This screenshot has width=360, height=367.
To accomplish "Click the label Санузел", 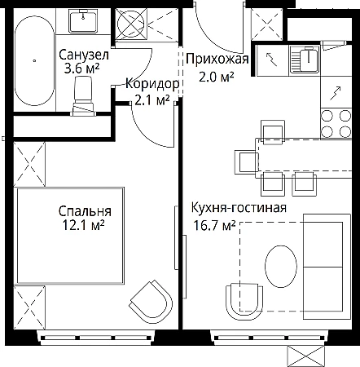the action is (x=84, y=55).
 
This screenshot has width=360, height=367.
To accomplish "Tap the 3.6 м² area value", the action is (x=81, y=69).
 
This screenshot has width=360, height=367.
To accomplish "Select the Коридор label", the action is (x=152, y=84).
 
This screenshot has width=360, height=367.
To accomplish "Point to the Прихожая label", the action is (x=217, y=59).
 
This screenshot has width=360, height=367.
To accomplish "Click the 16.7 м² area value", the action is (x=214, y=225).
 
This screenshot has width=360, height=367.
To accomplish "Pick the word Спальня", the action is (x=85, y=211).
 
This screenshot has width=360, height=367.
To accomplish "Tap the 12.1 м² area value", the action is (x=84, y=225).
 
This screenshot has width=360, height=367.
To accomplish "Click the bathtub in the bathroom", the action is (x=34, y=60).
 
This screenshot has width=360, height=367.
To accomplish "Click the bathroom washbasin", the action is (x=83, y=20).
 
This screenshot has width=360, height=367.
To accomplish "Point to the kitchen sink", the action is (x=305, y=60).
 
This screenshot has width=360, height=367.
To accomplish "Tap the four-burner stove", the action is (x=336, y=124).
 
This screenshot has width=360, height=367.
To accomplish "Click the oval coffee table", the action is (x=281, y=266).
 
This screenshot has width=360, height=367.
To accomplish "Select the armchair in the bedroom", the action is (x=151, y=299).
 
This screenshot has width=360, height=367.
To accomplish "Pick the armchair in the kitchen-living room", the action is (x=244, y=302).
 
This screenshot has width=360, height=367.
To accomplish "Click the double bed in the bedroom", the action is (x=70, y=236).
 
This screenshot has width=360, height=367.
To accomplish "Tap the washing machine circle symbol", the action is (x=131, y=23).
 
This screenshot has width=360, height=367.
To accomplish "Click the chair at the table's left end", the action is (x=247, y=162).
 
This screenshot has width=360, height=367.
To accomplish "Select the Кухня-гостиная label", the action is (x=239, y=208).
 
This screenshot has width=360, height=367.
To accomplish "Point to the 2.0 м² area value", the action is (x=217, y=77).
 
